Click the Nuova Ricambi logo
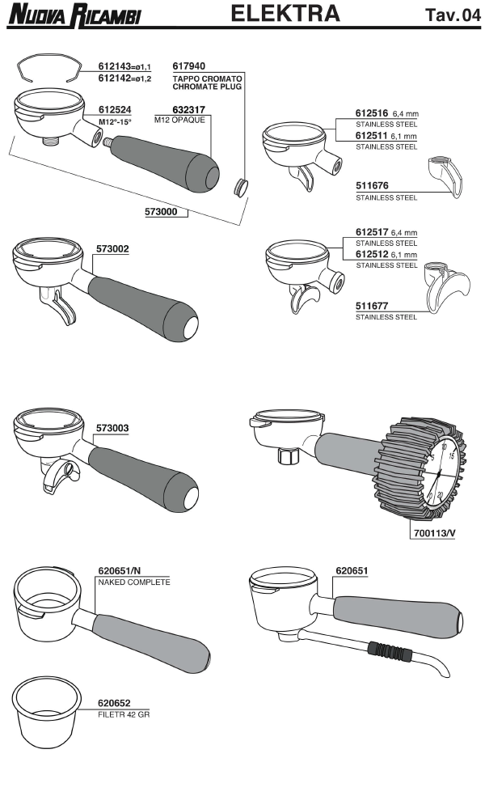click(x=74, y=15)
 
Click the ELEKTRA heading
click(x=285, y=13)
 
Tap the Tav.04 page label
click(x=453, y=15)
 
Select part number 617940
click(x=188, y=66)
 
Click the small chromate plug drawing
click(x=239, y=185)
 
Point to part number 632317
click(x=188, y=110)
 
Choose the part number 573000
click(x=161, y=211)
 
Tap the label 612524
click(x=115, y=110)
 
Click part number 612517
click(x=372, y=232)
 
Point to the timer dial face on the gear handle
click(x=440, y=473)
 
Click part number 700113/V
click(x=435, y=533)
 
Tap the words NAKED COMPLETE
click(x=134, y=582)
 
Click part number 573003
click(x=112, y=428)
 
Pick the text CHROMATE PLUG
click(x=207, y=87)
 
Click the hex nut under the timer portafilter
click(x=288, y=456)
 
